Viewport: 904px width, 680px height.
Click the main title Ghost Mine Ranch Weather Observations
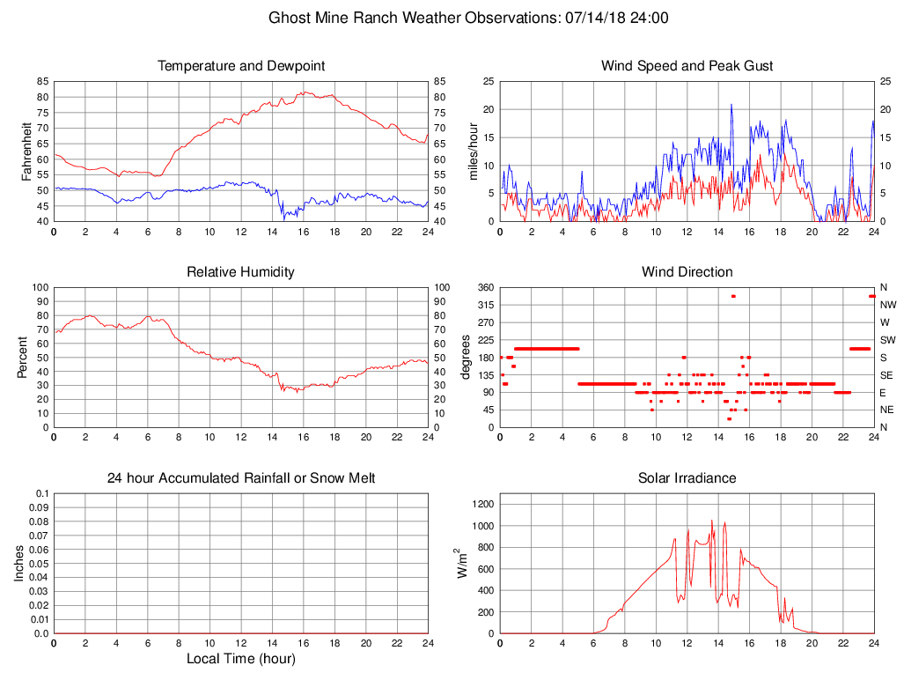coord(467,18)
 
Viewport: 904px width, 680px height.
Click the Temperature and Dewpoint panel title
coord(240,66)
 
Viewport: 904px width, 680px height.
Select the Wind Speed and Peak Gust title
coord(687,66)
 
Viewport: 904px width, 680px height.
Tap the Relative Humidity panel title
coord(240,272)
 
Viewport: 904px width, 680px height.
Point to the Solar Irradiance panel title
coord(687,478)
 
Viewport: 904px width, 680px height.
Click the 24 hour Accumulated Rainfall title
coord(240,478)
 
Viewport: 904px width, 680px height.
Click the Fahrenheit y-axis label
coord(26,151)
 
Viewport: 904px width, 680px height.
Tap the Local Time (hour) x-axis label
coord(240,658)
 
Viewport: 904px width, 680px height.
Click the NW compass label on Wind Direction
coord(887,305)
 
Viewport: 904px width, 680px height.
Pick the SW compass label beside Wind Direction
coord(887,340)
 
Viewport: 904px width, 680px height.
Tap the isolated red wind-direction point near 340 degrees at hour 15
coord(733,296)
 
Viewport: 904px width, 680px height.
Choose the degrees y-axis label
coord(467,357)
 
